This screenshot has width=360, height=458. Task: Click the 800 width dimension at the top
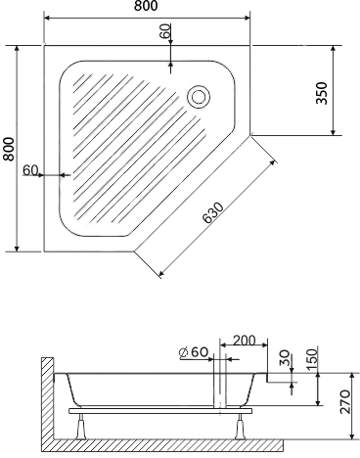click(146, 6)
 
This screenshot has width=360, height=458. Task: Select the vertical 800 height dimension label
click(9, 149)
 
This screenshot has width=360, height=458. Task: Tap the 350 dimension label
click(322, 93)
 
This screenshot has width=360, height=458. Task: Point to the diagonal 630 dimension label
click(213, 213)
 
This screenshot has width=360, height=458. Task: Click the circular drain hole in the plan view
click(199, 97)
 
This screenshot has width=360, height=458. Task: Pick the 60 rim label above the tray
click(165, 31)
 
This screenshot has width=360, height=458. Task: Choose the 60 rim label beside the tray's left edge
click(30, 170)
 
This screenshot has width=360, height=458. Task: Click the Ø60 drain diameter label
click(194, 352)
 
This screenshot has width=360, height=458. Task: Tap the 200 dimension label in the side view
click(245, 341)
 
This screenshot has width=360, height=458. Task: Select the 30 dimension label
click(285, 357)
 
